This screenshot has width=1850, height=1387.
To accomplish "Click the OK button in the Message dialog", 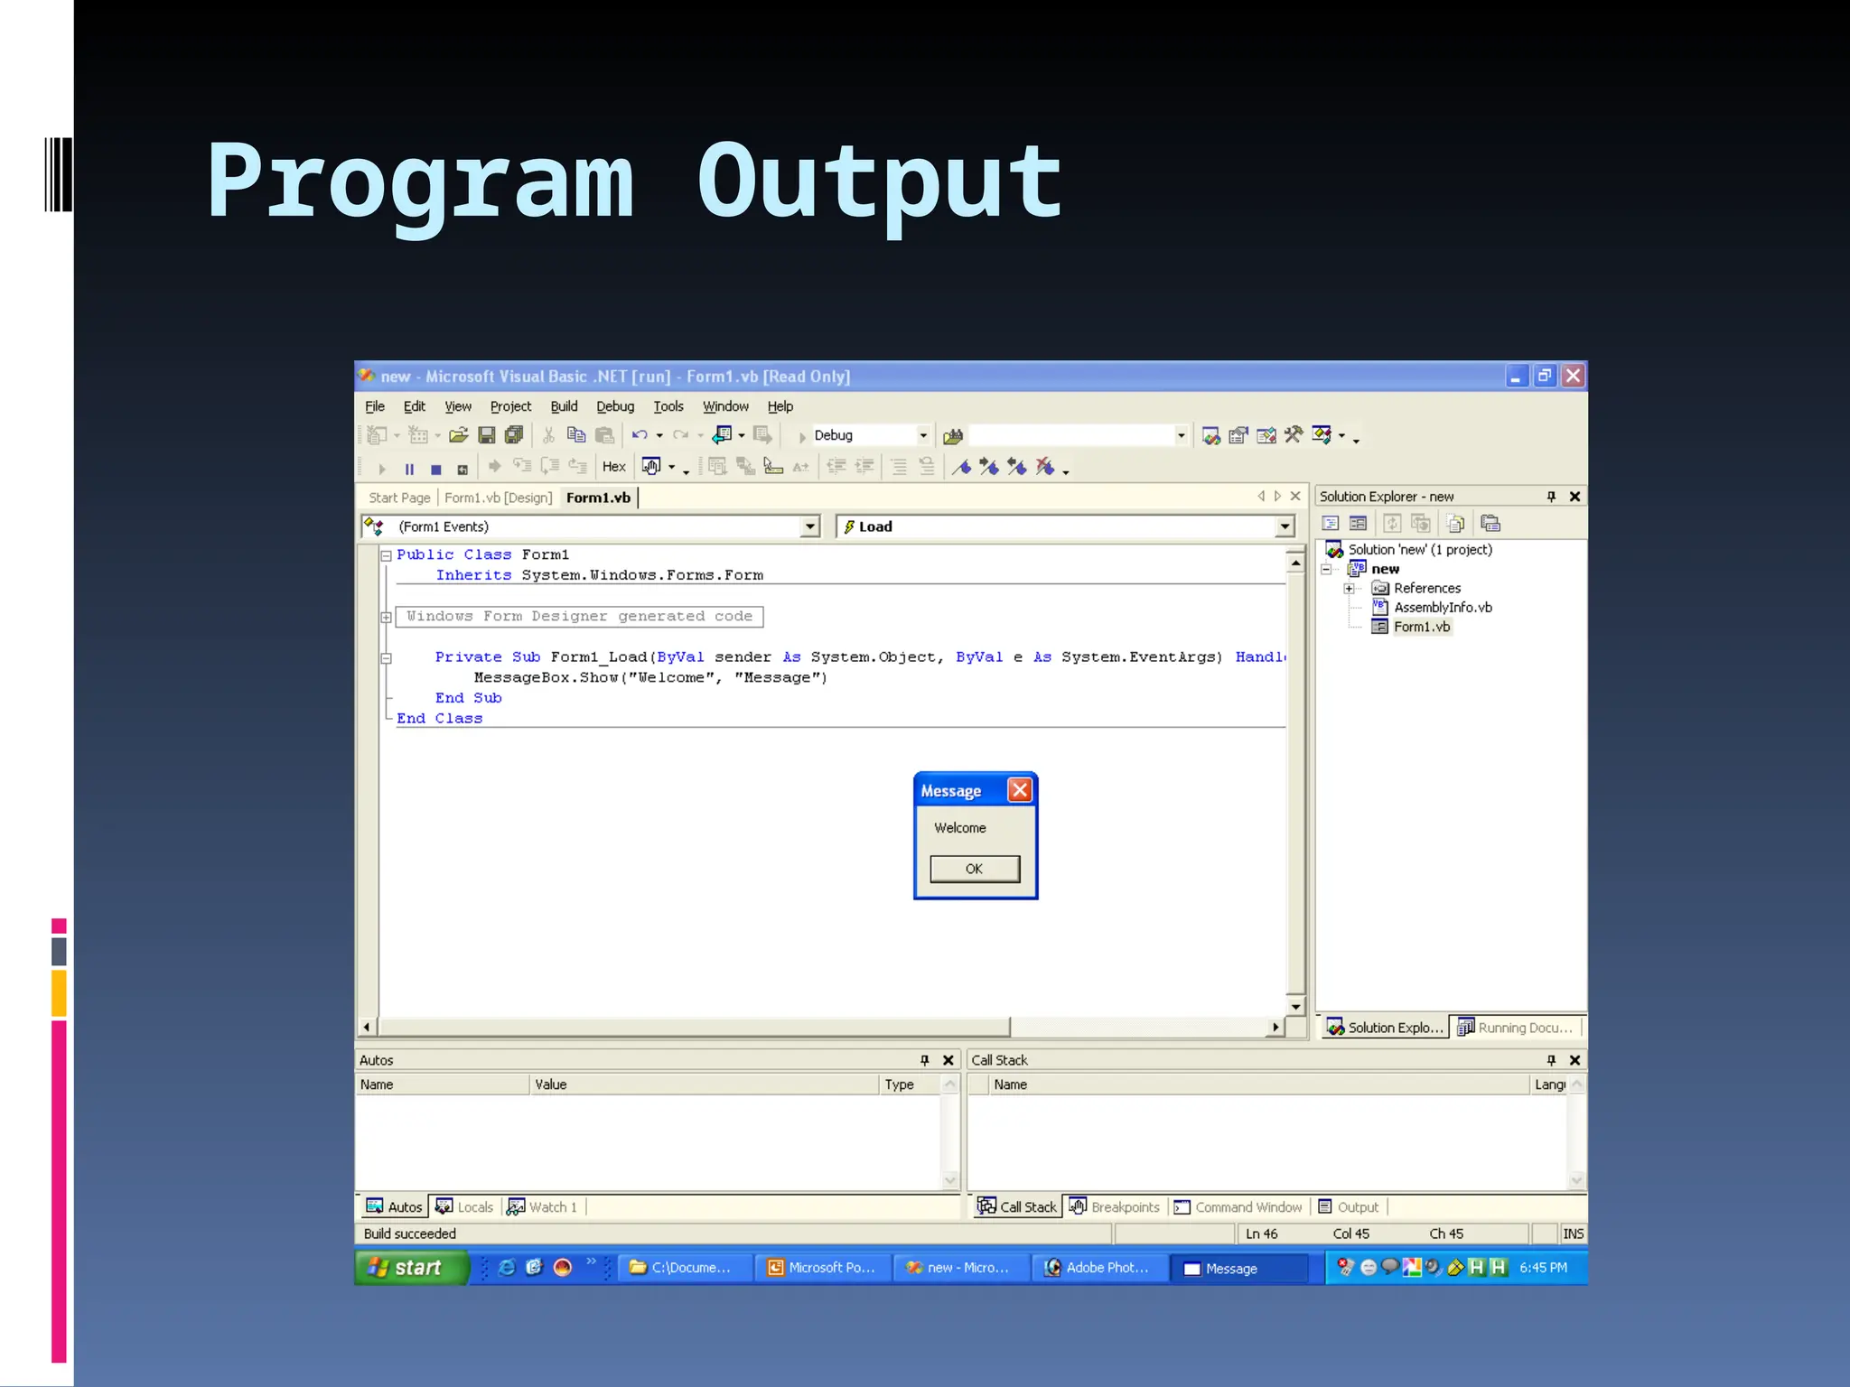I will tap(975, 869).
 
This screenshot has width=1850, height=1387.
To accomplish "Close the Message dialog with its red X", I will tap(1020, 790).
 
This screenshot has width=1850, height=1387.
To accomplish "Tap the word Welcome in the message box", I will tap(959, 828).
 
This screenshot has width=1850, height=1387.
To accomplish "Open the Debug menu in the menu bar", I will tap(615, 406).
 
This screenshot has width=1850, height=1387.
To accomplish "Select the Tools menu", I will tap(668, 406).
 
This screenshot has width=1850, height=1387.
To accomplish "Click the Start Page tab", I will tap(399, 498).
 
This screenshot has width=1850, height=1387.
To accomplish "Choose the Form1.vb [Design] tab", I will tap(498, 498).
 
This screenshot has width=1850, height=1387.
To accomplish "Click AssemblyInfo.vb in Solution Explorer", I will tap(1442, 608).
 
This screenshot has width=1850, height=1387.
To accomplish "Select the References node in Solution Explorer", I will tap(1426, 588).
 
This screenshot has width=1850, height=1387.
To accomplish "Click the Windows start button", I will tap(411, 1268).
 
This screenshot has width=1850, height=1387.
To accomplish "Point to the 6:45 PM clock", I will tap(1543, 1268).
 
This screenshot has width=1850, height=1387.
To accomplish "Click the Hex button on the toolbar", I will tap(614, 467).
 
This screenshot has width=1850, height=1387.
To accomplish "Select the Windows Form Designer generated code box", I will tap(579, 617).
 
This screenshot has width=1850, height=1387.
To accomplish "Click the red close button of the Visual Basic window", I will tap(1573, 376).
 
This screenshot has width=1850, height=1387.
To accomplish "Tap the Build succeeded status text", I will tap(410, 1233).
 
